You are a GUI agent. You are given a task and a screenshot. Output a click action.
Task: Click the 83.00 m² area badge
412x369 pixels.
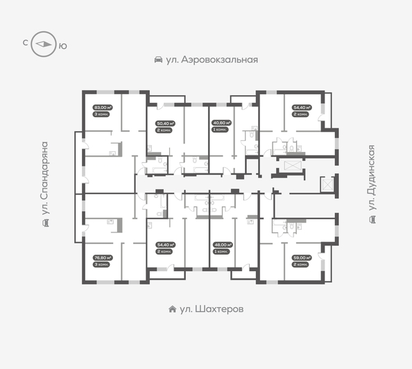point(103,108)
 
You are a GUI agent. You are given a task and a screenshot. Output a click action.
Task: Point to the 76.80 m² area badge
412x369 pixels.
point(103,257)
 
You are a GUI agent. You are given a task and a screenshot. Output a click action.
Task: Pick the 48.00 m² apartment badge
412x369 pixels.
point(221,244)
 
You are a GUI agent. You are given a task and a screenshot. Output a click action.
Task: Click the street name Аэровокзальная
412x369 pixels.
point(212,60)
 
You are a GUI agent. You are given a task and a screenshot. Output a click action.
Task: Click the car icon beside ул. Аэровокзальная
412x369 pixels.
point(158,60)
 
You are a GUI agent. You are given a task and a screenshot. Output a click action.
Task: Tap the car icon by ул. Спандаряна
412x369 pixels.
point(45,223)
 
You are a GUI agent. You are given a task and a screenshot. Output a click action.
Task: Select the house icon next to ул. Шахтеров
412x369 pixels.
point(171,309)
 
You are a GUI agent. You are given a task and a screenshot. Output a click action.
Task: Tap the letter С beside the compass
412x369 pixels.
point(26,44)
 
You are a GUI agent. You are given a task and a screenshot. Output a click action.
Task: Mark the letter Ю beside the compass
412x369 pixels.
point(63,45)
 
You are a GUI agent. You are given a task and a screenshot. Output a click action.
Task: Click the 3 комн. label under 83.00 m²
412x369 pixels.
point(101,114)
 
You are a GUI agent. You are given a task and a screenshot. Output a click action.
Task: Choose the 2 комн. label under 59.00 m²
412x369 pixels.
point(302,264)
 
